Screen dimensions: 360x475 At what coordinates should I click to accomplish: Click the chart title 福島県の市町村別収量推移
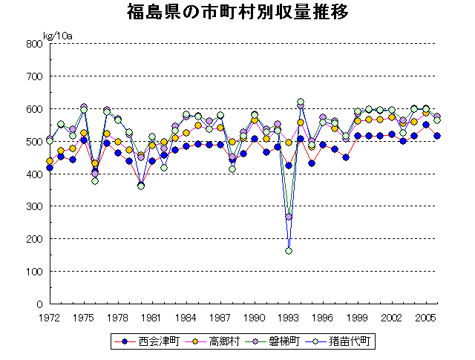tap(237, 13)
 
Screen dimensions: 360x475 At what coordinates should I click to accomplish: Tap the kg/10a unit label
tap(57, 35)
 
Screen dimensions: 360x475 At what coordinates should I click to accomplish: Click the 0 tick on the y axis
tap(38, 304)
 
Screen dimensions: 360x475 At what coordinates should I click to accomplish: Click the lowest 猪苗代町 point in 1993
tap(289, 251)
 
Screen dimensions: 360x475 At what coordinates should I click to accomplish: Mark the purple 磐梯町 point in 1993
tap(289, 217)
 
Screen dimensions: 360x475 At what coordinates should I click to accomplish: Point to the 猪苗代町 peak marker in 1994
tap(301, 102)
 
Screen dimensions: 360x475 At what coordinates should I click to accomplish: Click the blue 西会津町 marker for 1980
tap(141, 184)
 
